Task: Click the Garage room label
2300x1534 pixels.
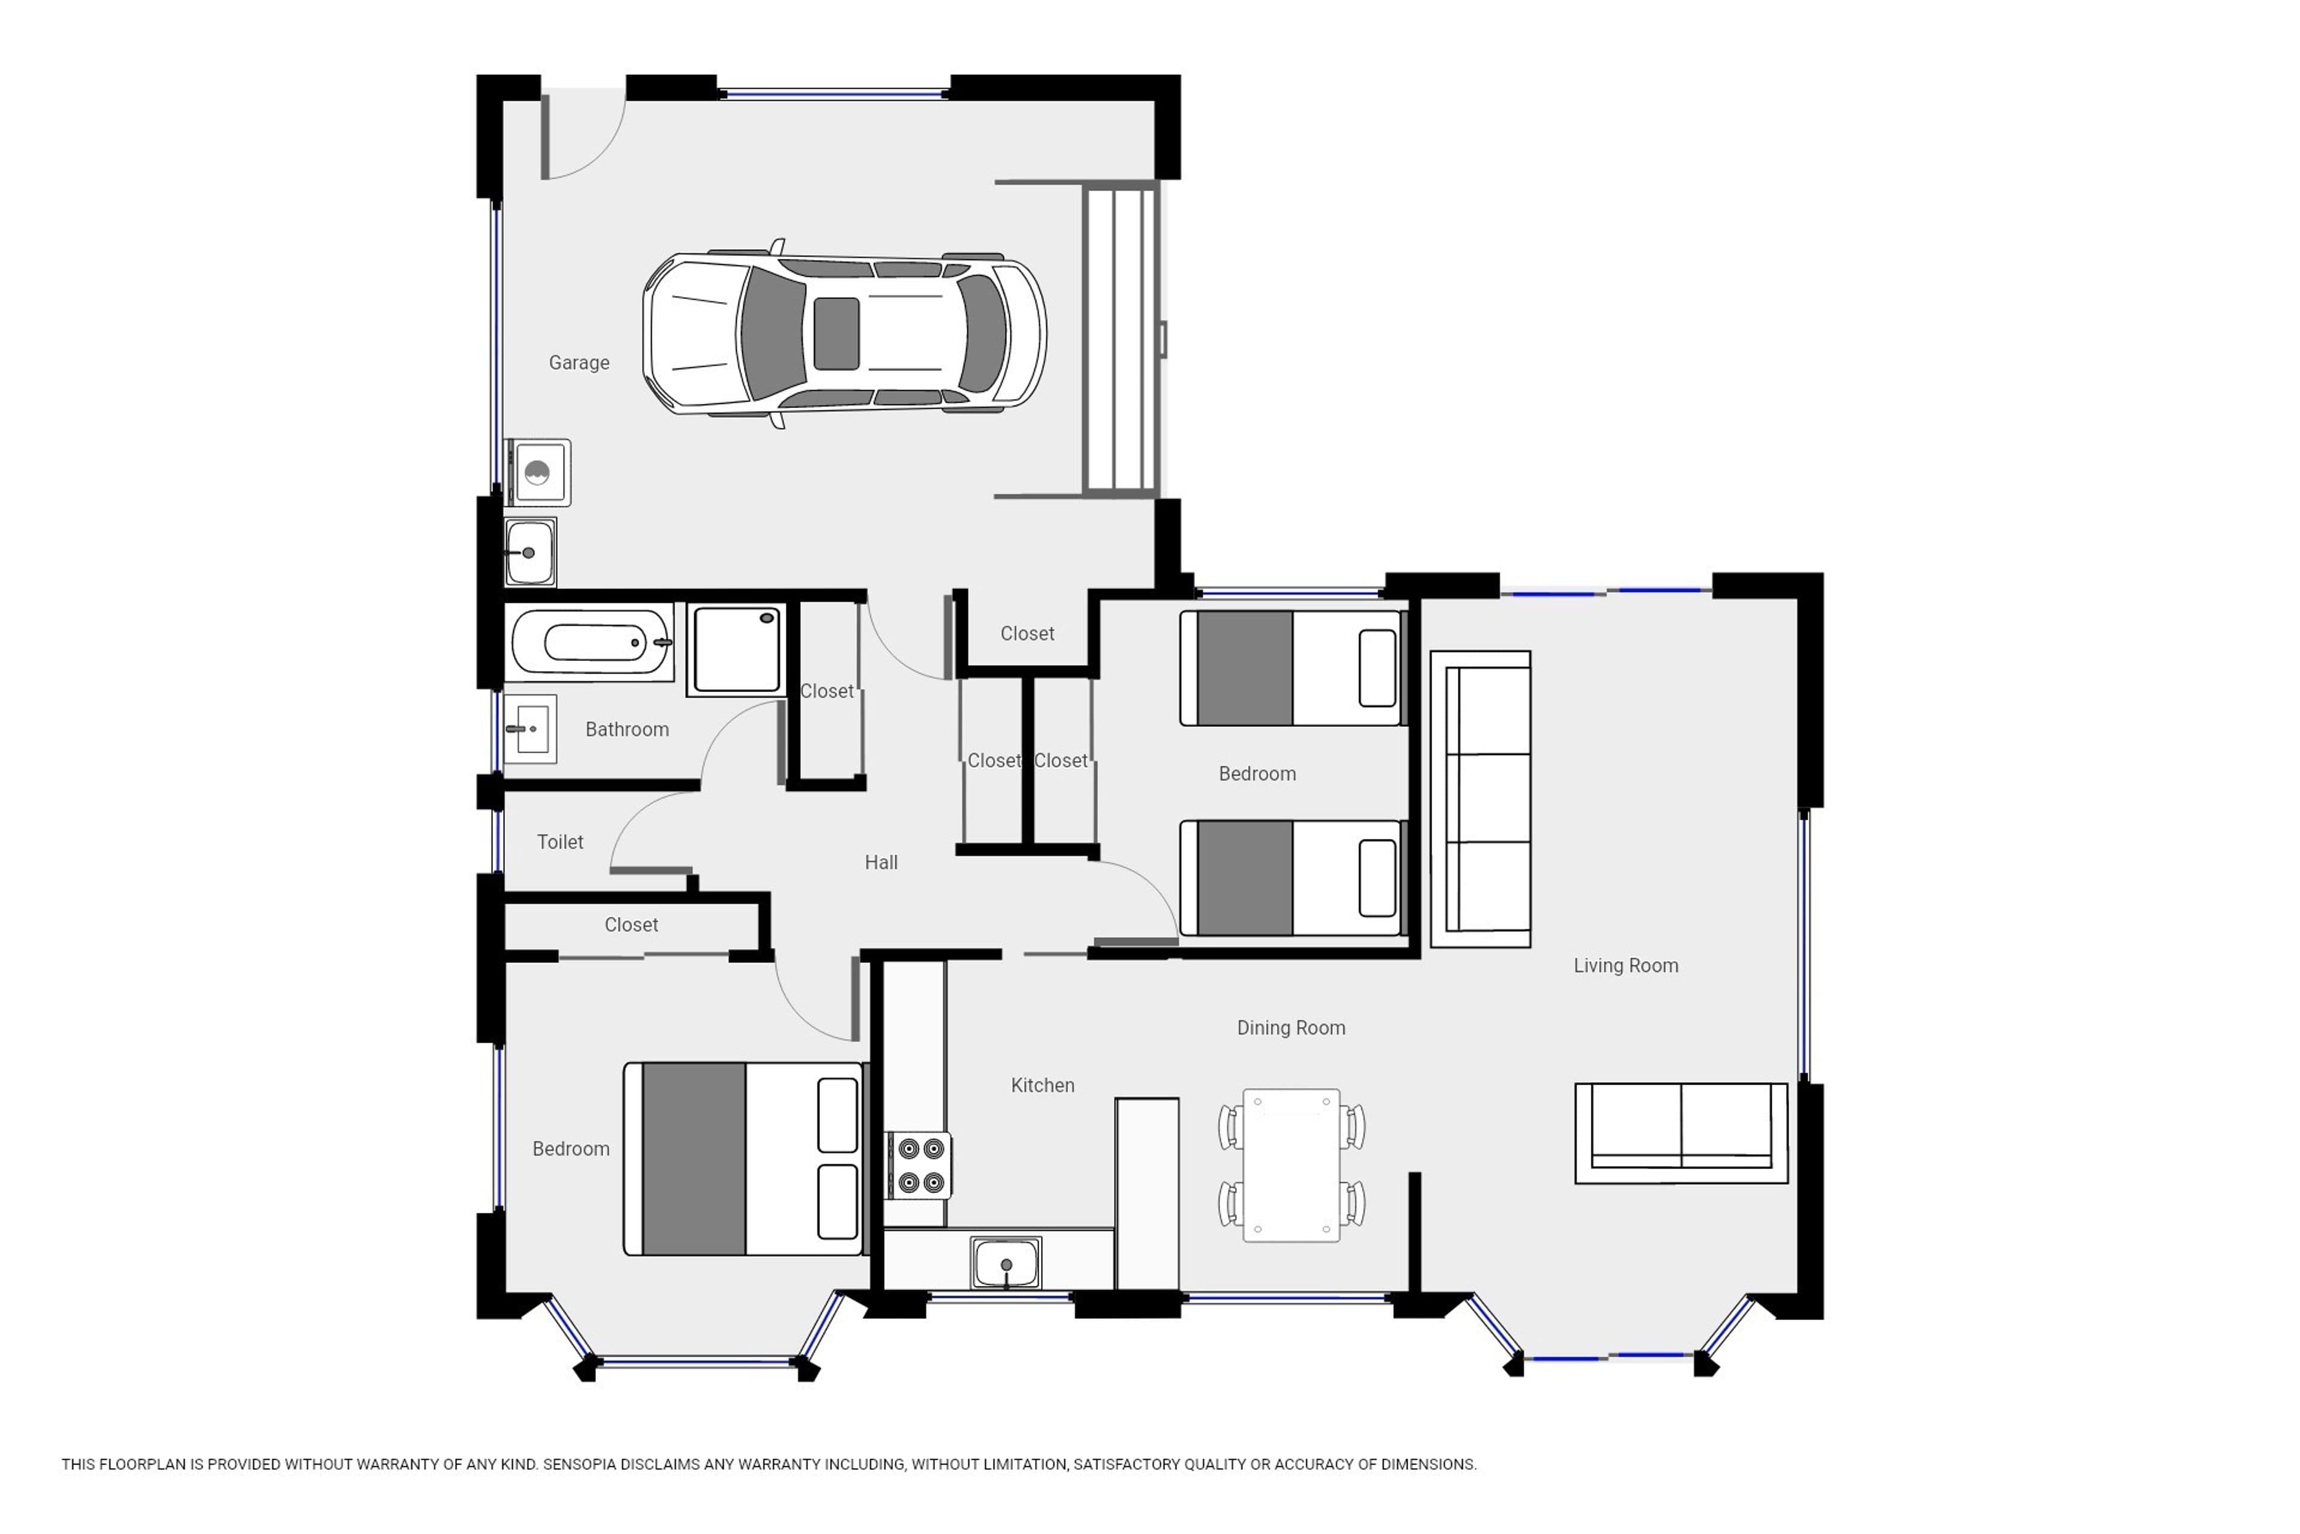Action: click(579, 363)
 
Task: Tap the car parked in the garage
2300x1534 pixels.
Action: click(844, 334)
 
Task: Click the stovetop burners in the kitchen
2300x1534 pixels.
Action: click(920, 1165)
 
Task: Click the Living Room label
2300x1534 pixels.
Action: click(1625, 965)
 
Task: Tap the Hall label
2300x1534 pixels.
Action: click(881, 862)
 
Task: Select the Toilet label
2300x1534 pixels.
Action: click(561, 841)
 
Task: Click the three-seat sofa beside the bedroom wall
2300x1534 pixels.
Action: click(1481, 798)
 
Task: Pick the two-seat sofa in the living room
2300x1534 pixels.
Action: click(1681, 1133)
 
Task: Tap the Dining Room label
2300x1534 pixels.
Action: click(1291, 1027)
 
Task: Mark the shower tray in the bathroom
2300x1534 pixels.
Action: click(736, 648)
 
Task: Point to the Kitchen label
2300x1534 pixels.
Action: click(1042, 1085)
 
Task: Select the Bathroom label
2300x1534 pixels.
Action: click(627, 729)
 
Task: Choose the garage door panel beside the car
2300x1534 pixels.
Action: click(1121, 339)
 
